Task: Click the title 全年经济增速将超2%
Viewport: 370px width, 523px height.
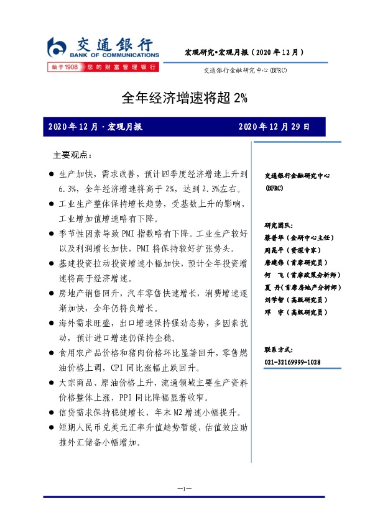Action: (x=184, y=98)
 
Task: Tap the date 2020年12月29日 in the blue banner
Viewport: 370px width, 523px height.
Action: (x=274, y=127)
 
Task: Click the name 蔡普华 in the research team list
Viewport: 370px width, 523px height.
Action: (x=274, y=237)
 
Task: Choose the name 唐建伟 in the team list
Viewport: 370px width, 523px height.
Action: (x=274, y=262)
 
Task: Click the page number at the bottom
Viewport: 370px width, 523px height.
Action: (x=184, y=489)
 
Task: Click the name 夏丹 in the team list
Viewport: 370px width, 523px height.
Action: (x=274, y=288)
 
